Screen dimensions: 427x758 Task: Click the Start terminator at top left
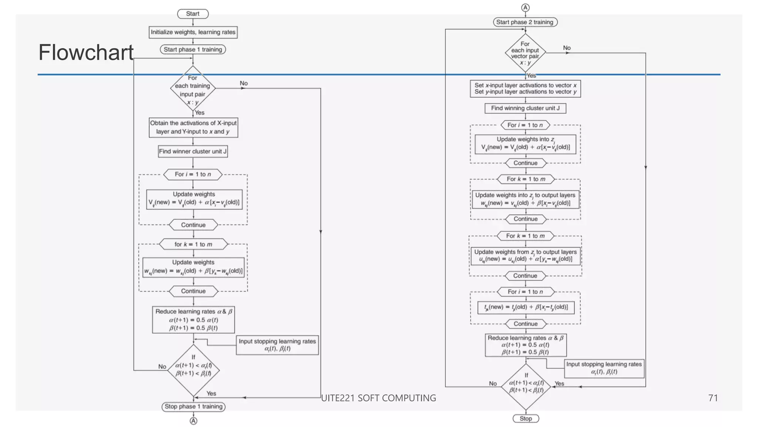click(x=192, y=14)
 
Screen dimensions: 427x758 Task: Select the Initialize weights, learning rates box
click(x=193, y=32)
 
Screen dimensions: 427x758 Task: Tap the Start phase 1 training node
click(x=193, y=49)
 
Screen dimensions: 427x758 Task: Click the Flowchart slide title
click(x=86, y=52)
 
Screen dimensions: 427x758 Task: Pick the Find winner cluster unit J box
click(x=193, y=151)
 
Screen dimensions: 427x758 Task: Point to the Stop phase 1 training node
click(x=194, y=407)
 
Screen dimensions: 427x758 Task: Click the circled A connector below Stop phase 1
click(x=194, y=421)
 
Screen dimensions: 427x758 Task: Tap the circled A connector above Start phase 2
click(x=525, y=7)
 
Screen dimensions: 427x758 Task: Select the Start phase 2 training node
click(x=525, y=22)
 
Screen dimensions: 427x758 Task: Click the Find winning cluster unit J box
click(x=525, y=108)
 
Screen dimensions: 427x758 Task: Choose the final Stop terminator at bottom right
click(x=526, y=418)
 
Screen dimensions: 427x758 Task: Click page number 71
click(x=713, y=398)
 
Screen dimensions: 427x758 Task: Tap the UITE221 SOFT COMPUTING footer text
click(x=378, y=398)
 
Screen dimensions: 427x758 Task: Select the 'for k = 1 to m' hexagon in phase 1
click(x=193, y=244)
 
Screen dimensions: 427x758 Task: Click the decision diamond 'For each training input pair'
click(x=193, y=89)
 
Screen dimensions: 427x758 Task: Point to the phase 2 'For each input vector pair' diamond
click(x=525, y=53)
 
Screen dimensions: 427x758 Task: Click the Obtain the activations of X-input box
click(x=193, y=128)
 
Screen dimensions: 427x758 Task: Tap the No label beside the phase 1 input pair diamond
click(x=244, y=83)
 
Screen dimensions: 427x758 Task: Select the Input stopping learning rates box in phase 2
click(x=604, y=368)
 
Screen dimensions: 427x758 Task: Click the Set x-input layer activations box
click(x=525, y=89)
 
